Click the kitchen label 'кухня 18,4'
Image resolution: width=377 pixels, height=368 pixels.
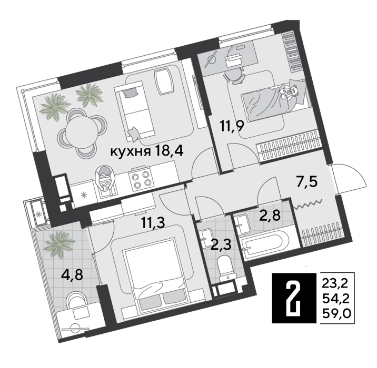(147, 151)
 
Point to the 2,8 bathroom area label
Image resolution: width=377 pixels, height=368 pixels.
(270, 214)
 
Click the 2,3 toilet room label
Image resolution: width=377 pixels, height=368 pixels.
(221, 244)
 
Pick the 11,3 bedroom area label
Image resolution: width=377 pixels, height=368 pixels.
(153, 222)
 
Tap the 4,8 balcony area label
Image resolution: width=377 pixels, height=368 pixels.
(72, 275)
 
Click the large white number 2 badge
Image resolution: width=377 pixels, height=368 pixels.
(294, 298)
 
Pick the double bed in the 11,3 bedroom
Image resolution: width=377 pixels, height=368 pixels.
(154, 274)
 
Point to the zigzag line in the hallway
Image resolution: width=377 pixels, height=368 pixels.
(309, 205)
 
